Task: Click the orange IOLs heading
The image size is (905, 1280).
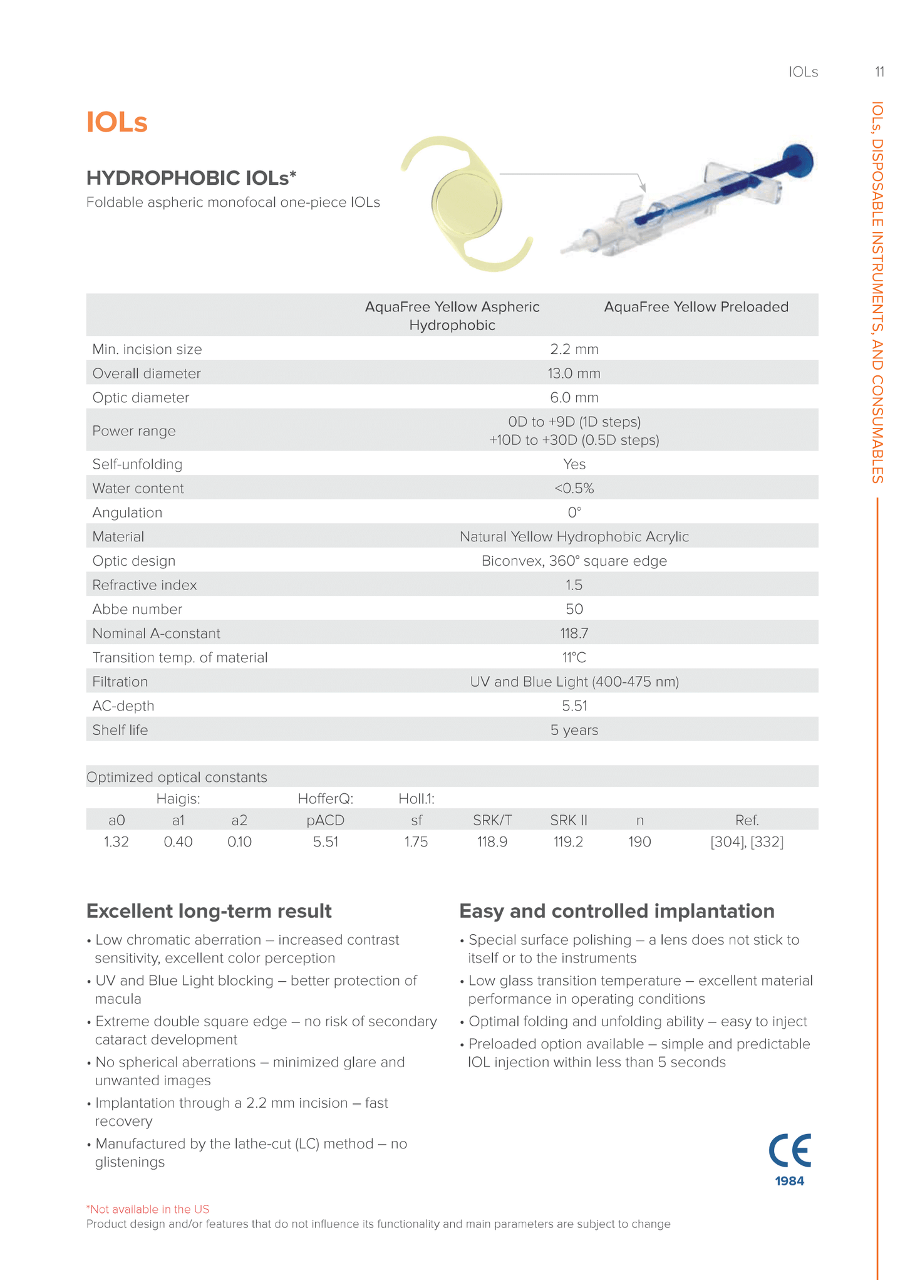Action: point(117,122)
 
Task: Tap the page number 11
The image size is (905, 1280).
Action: point(879,72)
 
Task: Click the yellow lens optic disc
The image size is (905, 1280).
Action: point(467,204)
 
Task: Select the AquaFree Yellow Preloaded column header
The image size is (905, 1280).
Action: point(696,307)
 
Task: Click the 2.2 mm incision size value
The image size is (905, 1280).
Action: point(574,349)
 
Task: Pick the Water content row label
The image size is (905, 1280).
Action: point(138,488)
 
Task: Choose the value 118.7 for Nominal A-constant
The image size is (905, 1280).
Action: point(574,633)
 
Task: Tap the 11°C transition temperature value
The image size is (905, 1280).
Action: point(574,657)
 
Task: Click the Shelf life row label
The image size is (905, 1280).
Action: point(120,730)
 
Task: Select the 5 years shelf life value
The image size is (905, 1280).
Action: point(574,730)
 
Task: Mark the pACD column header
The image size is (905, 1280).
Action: point(326,820)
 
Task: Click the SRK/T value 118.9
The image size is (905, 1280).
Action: point(492,841)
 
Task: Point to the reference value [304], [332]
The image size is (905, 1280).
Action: point(747,841)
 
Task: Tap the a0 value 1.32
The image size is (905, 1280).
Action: point(116,841)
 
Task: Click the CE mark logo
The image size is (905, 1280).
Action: point(790,1150)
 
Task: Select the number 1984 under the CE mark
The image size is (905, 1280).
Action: point(789,1181)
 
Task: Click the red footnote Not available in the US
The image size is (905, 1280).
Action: point(148,1209)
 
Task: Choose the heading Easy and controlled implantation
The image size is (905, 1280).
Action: point(617,911)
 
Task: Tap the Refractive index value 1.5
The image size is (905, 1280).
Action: point(574,585)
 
